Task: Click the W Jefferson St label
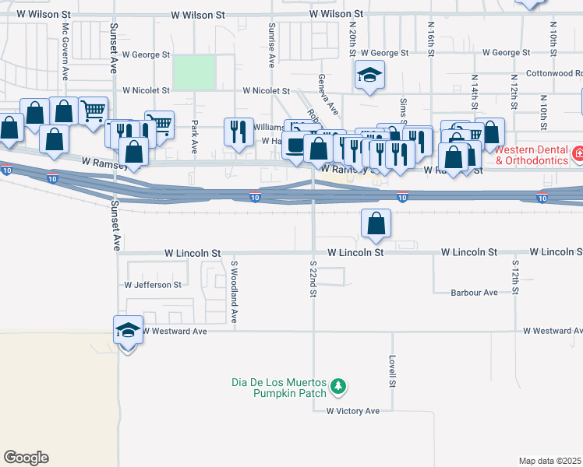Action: tap(151, 285)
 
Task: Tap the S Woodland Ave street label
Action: tap(233, 292)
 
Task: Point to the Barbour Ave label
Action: tap(474, 293)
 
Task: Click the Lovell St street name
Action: tap(393, 373)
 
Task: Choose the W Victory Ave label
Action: tap(352, 411)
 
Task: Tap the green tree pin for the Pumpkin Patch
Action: tap(337, 385)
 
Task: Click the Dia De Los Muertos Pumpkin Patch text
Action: tap(277, 388)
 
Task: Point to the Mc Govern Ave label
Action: tap(65, 47)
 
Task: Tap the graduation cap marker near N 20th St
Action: tap(369, 75)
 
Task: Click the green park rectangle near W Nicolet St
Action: tap(194, 72)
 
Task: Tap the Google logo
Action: tap(26, 458)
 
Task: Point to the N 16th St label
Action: tap(430, 33)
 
